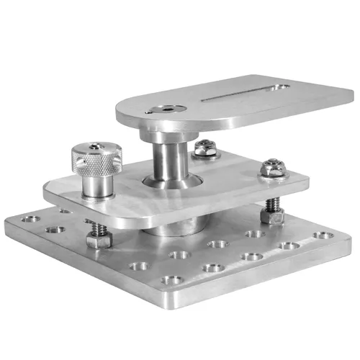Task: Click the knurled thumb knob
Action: point(93,161)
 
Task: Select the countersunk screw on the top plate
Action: point(167,110)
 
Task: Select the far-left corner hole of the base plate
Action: point(31,218)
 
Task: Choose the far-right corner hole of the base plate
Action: point(325,235)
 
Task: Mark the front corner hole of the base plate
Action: point(171,279)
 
